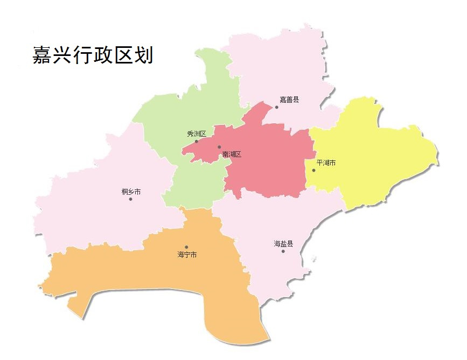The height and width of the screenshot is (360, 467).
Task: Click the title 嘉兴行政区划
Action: (93, 55)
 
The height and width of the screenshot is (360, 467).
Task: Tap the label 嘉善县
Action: (289, 99)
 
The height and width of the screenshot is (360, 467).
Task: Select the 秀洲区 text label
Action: (196, 133)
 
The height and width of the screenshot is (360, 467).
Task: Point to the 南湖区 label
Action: (232, 154)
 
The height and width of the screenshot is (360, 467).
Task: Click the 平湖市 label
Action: (326, 163)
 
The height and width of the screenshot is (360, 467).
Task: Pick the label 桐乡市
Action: (131, 192)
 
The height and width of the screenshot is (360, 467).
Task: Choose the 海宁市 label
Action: (187, 255)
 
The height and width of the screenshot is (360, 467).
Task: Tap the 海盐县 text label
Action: (283, 244)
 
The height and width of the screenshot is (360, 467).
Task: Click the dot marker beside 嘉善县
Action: (277, 107)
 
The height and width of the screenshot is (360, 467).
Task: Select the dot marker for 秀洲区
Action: (196, 142)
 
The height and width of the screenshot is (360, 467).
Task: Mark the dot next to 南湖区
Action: (219, 147)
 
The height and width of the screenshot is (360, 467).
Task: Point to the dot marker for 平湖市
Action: (313, 171)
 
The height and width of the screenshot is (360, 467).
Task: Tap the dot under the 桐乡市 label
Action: (130, 199)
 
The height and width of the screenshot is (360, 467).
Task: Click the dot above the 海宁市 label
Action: (186, 247)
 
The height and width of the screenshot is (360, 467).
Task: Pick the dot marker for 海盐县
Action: (283, 251)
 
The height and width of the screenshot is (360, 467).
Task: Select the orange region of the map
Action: (162, 280)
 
